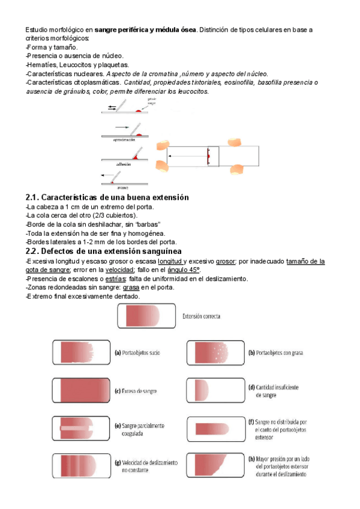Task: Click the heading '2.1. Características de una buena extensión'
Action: tap(107, 197)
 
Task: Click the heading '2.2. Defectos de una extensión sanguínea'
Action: tap(104, 251)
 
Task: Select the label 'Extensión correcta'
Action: tap(200, 316)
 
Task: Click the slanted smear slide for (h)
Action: tap(212, 466)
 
